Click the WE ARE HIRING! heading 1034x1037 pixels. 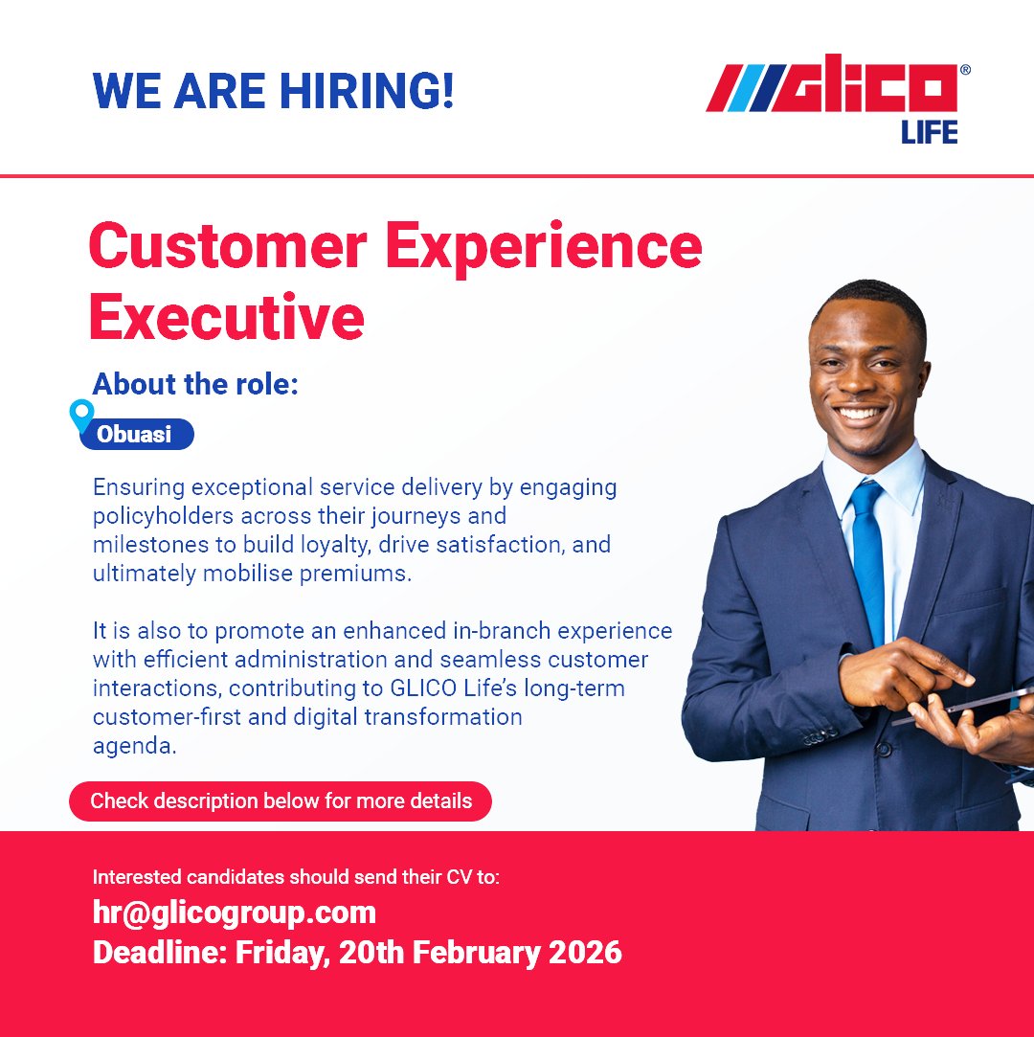tap(273, 91)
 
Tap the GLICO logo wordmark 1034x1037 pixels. tap(833, 88)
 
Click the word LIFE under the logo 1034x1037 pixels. tap(928, 132)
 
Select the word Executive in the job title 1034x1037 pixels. tap(227, 318)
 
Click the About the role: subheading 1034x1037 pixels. tap(195, 384)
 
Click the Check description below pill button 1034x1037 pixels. tap(281, 800)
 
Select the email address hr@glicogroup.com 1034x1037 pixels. tap(235, 913)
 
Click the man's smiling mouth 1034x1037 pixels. tap(859, 415)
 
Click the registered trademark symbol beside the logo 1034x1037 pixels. tap(964, 70)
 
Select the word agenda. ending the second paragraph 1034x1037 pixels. tap(135, 747)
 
